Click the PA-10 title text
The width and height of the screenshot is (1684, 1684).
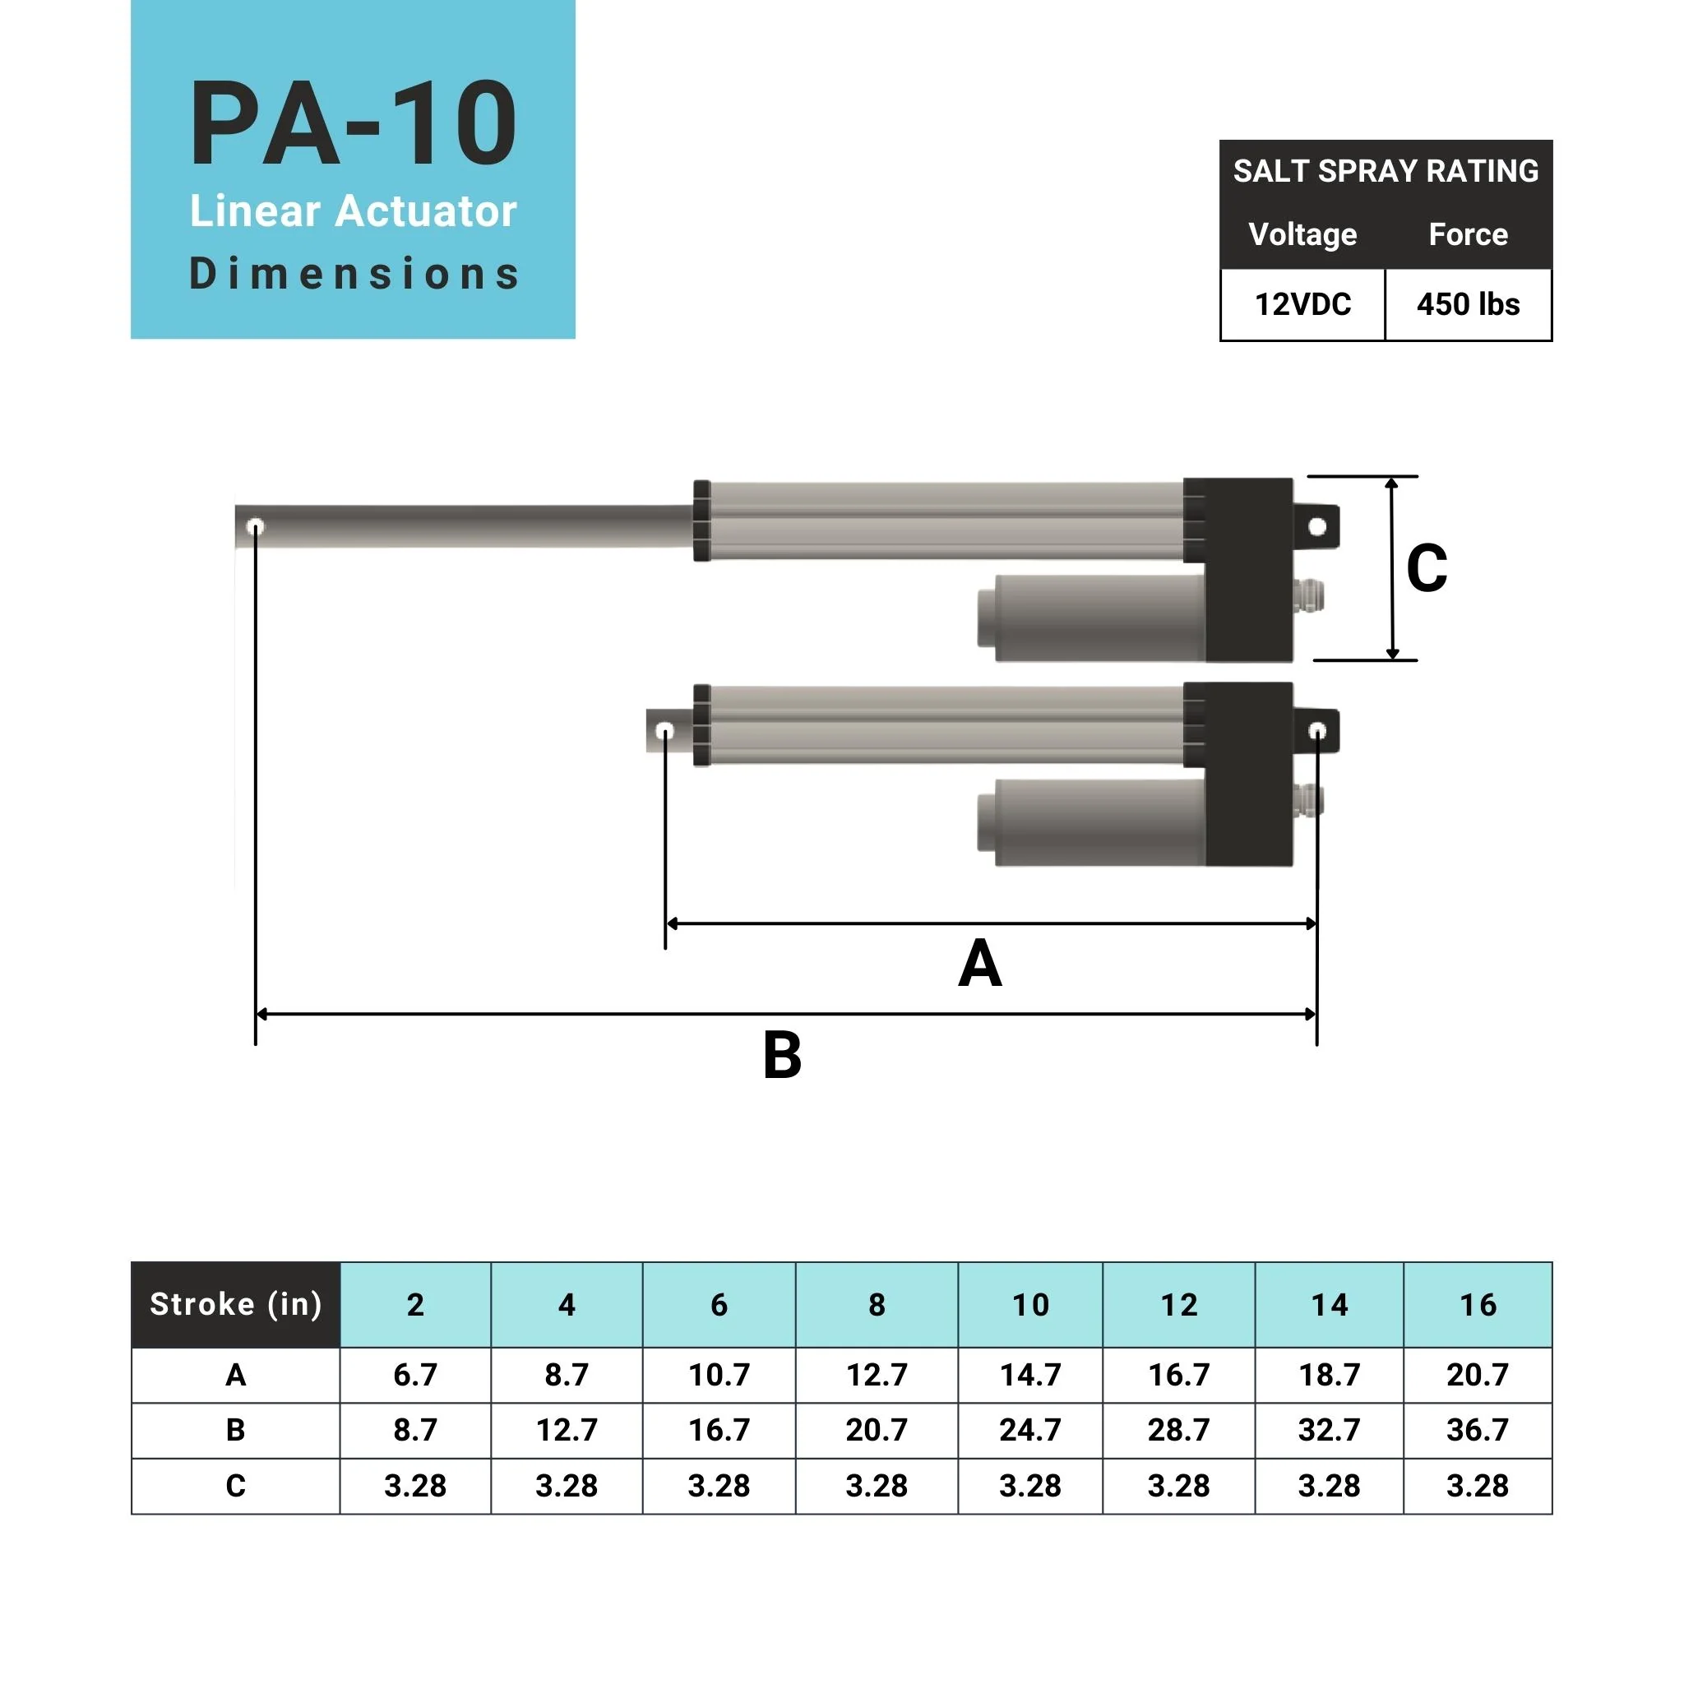pyautogui.click(x=353, y=124)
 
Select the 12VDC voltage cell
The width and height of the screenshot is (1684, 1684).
pyautogui.click(x=1302, y=304)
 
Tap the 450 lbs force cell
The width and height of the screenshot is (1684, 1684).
pyautogui.click(x=1468, y=304)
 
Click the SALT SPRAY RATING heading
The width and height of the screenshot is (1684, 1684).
pyautogui.click(x=1385, y=171)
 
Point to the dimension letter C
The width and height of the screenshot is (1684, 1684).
pyautogui.click(x=1427, y=569)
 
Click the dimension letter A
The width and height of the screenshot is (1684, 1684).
pyautogui.click(x=979, y=964)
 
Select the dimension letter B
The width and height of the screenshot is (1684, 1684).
pyautogui.click(x=782, y=1056)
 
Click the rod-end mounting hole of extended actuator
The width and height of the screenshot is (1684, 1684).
pyautogui.click(x=256, y=526)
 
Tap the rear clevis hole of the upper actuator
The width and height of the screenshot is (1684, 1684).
pyautogui.click(x=1317, y=526)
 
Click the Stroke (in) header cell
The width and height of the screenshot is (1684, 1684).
pyautogui.click(x=235, y=1305)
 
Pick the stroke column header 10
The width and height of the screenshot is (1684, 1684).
pyautogui.click(x=1030, y=1305)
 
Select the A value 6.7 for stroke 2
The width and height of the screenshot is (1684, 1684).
pyautogui.click(x=415, y=1376)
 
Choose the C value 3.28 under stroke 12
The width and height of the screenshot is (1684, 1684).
pyautogui.click(x=1178, y=1486)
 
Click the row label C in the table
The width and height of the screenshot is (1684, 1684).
pyautogui.click(x=235, y=1486)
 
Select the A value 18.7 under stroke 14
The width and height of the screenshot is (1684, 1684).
pyautogui.click(x=1330, y=1376)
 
